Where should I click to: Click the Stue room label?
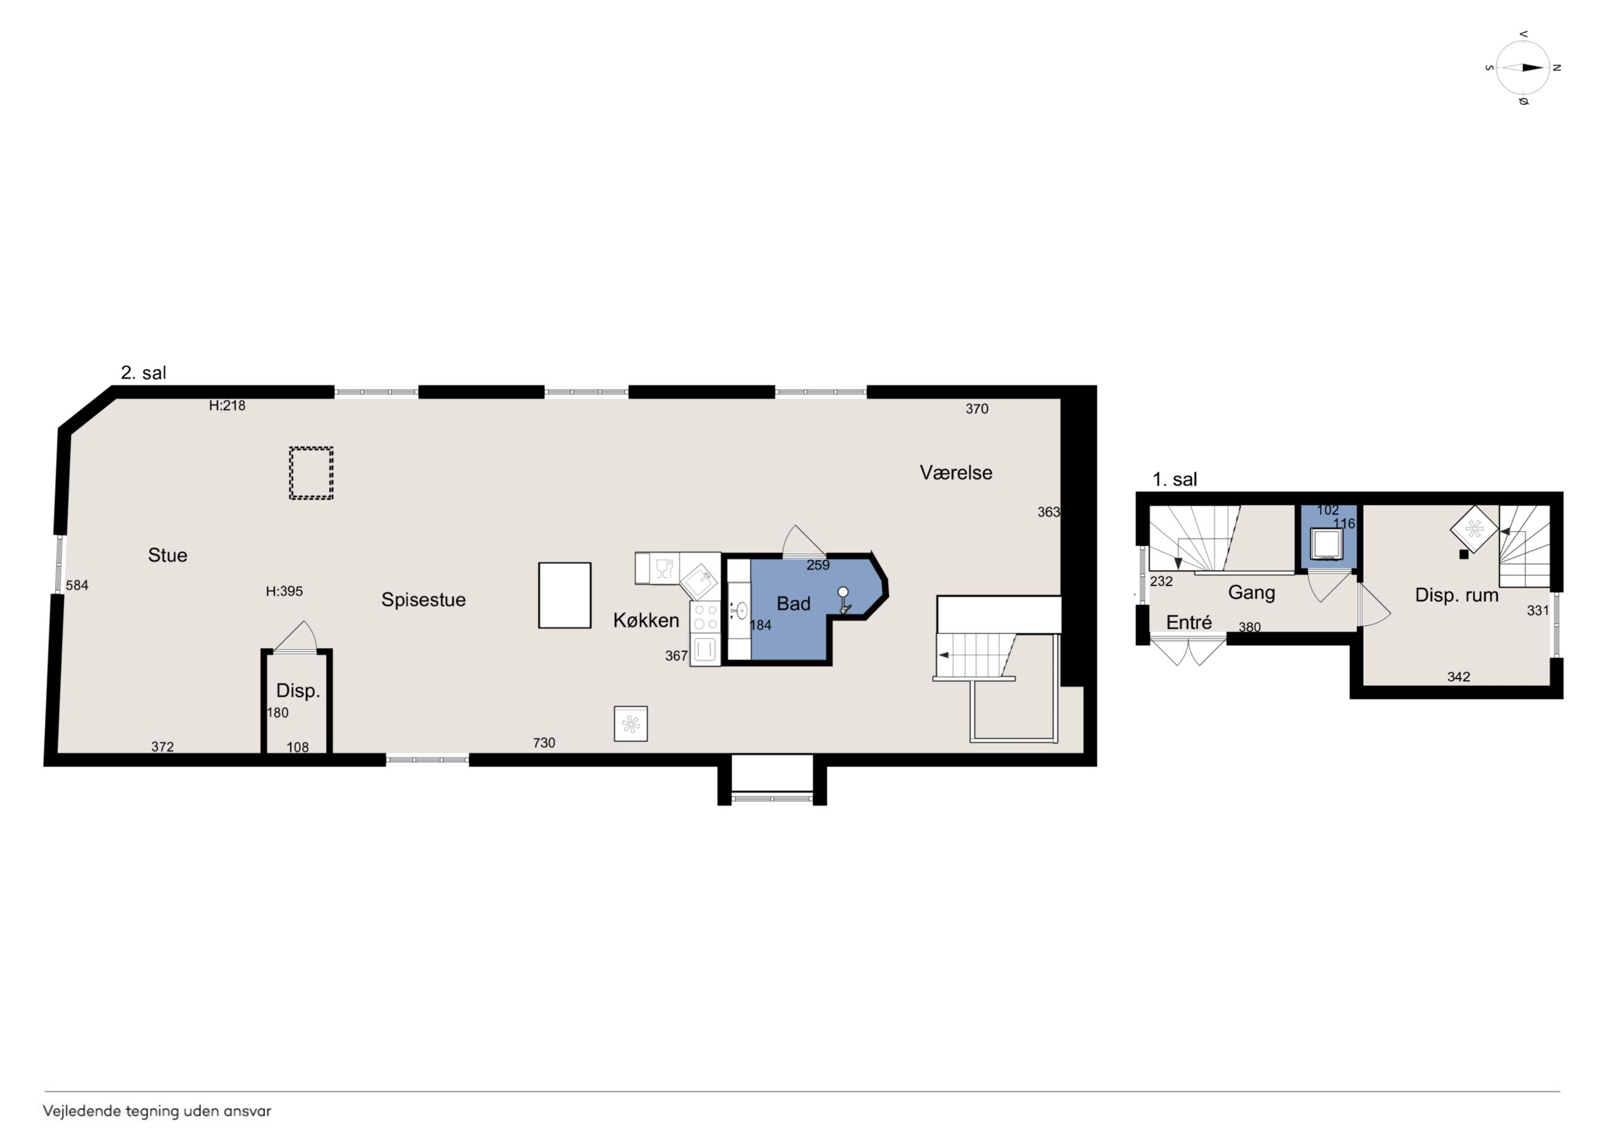[x=167, y=555]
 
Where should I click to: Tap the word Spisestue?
[x=423, y=600]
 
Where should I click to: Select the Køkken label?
[x=646, y=620]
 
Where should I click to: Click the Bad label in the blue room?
[x=794, y=603]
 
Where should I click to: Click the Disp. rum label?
[x=1457, y=595]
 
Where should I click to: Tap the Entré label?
[x=1189, y=622]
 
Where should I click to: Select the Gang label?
[x=1252, y=593]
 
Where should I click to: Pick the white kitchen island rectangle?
[x=565, y=596]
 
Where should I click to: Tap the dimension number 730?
[x=544, y=743]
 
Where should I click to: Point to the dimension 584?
[x=77, y=585]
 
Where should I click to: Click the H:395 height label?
[x=284, y=591]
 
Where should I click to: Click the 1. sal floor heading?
[x=1175, y=480]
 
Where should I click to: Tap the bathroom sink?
[x=740, y=611]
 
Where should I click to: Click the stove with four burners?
[x=705, y=617]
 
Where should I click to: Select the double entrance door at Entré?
[x=1188, y=650]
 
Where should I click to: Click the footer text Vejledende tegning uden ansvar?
[x=157, y=1111]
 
